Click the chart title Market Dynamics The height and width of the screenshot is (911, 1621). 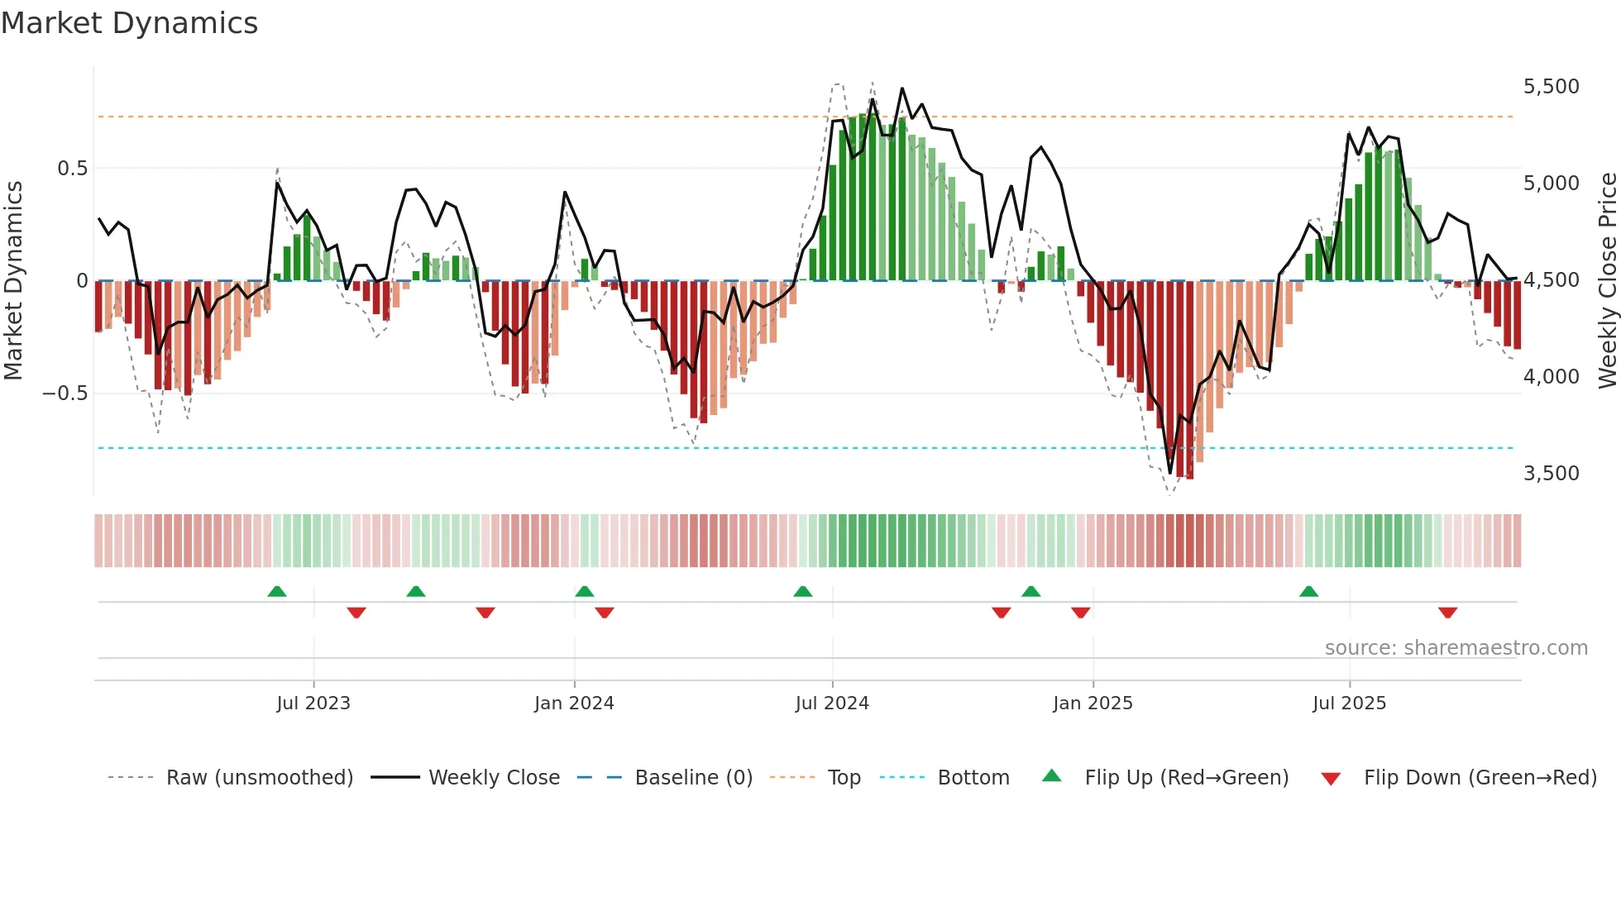point(129,23)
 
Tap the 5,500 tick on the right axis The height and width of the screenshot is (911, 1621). point(1551,87)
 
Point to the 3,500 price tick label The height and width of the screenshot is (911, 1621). point(1551,474)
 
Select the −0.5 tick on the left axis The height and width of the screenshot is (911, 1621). point(65,393)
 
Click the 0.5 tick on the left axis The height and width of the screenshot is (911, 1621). point(72,169)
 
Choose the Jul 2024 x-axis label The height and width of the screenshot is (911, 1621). point(832,704)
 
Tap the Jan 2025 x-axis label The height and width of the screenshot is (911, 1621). point(1093,704)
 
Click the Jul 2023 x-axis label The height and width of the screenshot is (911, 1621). point(313,704)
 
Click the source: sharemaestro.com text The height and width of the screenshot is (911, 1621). point(1456,648)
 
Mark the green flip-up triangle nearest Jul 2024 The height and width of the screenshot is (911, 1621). point(802,592)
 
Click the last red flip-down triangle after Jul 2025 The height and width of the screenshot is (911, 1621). point(1447,613)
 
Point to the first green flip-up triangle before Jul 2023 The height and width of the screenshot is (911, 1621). point(277,592)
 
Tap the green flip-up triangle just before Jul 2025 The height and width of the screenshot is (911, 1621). point(1308,592)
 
